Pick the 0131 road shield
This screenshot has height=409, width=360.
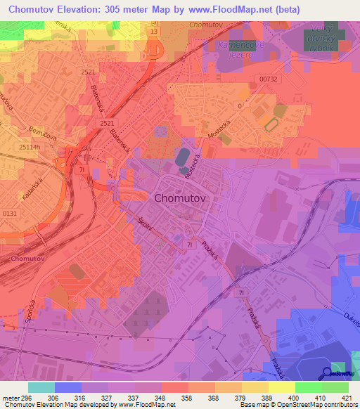(x=10, y=214)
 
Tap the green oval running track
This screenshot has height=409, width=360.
(x=269, y=124)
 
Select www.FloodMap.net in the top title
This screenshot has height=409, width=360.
(x=238, y=10)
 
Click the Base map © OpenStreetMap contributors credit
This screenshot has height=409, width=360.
(x=311, y=405)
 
